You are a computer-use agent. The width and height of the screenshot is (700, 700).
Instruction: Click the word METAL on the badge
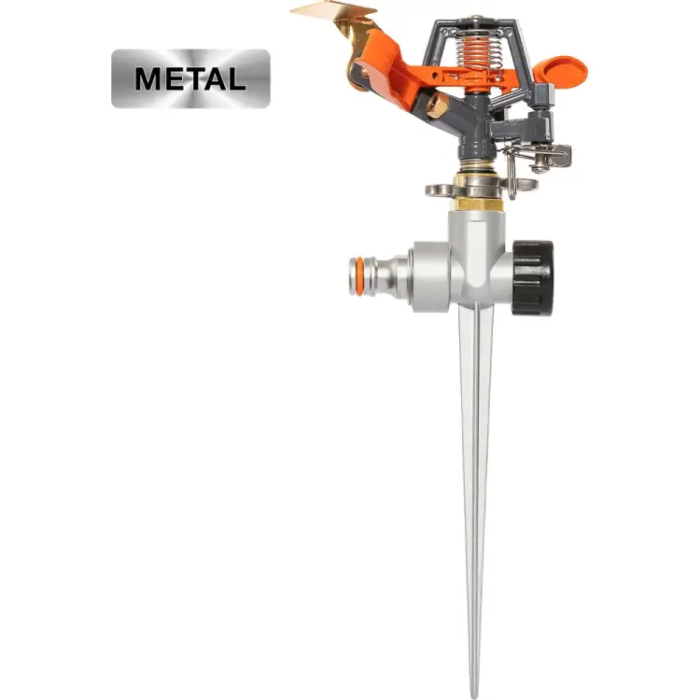click(x=190, y=78)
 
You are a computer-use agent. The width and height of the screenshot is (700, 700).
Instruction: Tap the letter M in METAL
click(x=148, y=78)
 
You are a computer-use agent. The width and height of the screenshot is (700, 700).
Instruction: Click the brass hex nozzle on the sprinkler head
click(x=435, y=106)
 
